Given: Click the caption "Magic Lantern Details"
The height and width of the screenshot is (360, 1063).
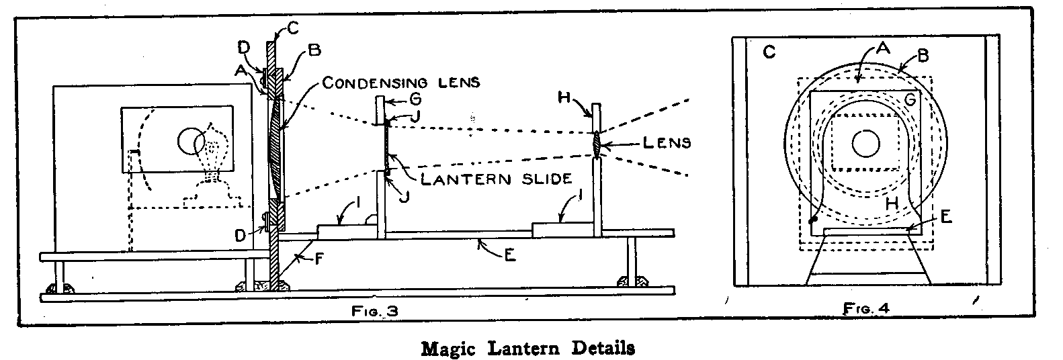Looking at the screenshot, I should tap(527, 349).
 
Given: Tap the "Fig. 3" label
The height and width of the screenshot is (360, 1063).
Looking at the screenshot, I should tap(371, 310).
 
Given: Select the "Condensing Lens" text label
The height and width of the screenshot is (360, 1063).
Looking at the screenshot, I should tap(400, 83).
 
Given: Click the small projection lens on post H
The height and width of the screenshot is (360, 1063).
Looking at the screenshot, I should tap(596, 145).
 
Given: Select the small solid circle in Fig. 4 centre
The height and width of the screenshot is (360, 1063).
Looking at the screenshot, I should tap(865, 142).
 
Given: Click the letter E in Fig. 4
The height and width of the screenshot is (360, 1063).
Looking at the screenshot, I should tap(945, 217).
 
